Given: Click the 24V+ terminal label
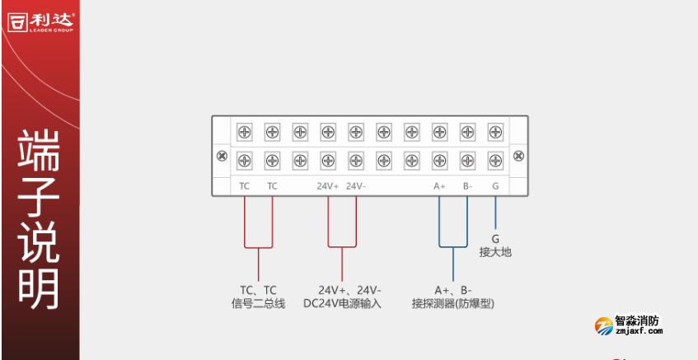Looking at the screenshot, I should click(x=327, y=186).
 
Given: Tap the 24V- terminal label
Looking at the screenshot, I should click(x=356, y=186).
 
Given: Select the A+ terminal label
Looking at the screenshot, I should click(x=439, y=186).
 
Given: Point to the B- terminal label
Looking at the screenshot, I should click(x=467, y=186).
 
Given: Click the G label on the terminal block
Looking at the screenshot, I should click(x=495, y=186).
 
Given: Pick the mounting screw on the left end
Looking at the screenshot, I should click(x=221, y=156).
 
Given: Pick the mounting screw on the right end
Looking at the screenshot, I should click(x=519, y=156).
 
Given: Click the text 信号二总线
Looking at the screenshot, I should click(x=258, y=303).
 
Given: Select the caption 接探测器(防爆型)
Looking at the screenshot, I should click(x=453, y=303).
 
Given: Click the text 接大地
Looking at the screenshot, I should click(x=495, y=252).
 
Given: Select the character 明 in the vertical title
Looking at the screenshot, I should click(x=39, y=284).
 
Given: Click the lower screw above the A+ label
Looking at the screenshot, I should click(x=439, y=159).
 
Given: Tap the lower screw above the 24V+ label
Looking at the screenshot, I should click(x=327, y=159).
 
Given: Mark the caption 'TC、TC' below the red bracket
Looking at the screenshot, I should click(x=258, y=290).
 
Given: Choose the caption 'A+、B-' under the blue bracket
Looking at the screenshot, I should click(x=453, y=290).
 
